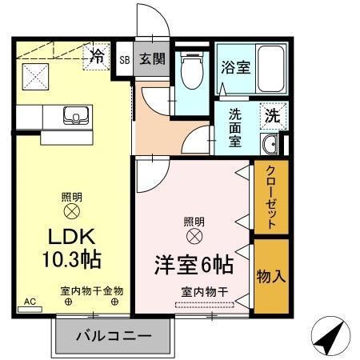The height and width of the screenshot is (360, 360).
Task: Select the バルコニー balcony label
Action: click(x=113, y=335)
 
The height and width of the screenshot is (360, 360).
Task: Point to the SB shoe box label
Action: click(x=125, y=59)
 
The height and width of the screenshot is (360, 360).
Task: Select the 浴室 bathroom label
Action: click(x=235, y=68)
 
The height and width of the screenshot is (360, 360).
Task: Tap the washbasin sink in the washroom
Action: click(x=270, y=145)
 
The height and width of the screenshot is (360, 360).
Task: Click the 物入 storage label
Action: click(x=270, y=276)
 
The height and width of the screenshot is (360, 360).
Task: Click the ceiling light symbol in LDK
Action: click(x=71, y=211)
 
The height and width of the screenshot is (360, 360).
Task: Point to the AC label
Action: click(x=30, y=302)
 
